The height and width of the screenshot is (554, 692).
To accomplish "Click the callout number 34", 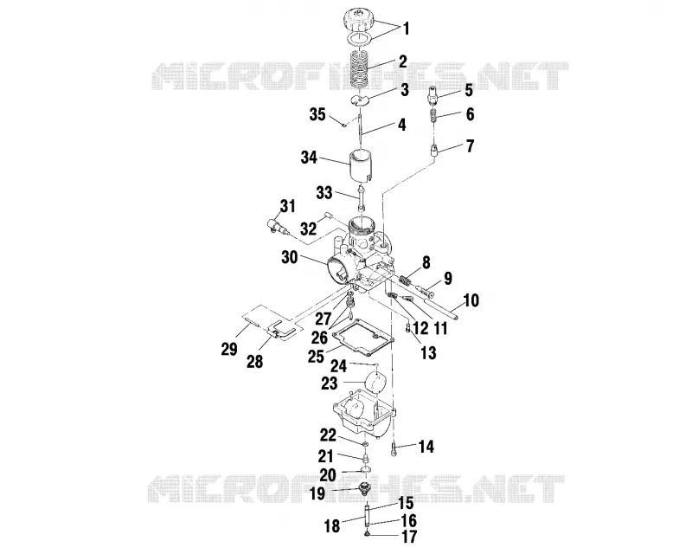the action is [x=309, y=158].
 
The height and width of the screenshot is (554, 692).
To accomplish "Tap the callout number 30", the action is [x=290, y=257].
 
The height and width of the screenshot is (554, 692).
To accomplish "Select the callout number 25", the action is [x=316, y=356].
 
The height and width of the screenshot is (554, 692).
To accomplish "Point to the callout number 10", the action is [x=471, y=300].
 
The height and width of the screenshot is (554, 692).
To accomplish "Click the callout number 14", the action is [x=426, y=447].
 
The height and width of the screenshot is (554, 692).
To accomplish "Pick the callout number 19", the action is [x=317, y=493].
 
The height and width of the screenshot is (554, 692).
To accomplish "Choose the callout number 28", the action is [x=254, y=361].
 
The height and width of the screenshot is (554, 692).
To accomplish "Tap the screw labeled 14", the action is [x=394, y=449].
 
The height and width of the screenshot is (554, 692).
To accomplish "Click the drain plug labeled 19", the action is [x=365, y=489].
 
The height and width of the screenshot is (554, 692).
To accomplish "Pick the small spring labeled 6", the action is [x=434, y=117].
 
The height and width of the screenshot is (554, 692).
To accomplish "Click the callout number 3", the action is [x=405, y=90].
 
